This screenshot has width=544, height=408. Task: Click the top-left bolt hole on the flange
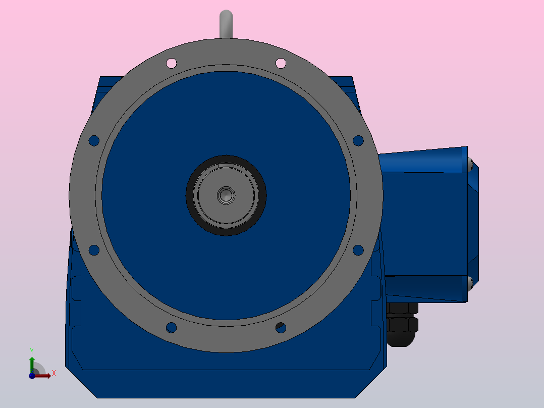point(171,63)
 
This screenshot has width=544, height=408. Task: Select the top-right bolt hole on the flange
point(281,63)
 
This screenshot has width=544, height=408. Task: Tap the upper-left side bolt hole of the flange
point(94,140)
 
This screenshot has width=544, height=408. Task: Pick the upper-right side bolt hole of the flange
point(358,140)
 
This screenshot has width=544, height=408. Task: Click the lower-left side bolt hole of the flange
point(94,249)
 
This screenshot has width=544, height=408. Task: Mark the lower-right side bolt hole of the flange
point(358,249)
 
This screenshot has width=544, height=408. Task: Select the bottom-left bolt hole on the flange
point(171,327)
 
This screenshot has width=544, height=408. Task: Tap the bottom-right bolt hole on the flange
point(281,327)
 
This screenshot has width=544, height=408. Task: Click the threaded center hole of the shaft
point(226,195)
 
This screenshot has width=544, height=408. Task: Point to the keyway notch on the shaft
point(226,164)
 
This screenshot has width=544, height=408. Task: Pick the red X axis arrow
point(44,375)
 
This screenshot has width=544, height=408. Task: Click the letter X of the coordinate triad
point(53,373)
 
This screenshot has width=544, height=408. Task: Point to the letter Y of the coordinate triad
point(31,350)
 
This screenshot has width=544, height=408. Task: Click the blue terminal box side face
point(424,222)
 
